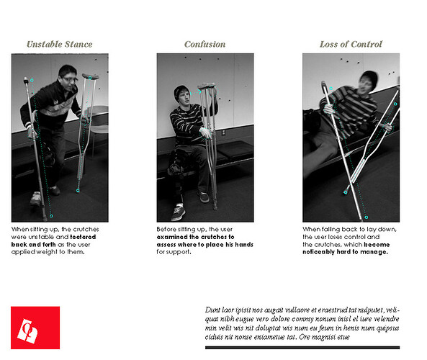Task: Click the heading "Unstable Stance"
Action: click(59, 44)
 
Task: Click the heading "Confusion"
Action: click(204, 44)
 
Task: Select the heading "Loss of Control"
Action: click(351, 44)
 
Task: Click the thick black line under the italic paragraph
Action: click(302, 347)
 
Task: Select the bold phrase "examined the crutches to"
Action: click(195, 237)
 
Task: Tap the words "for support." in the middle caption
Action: click(174, 252)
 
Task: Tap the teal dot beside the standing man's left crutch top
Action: click(32, 79)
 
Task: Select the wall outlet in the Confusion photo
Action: click(224, 132)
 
